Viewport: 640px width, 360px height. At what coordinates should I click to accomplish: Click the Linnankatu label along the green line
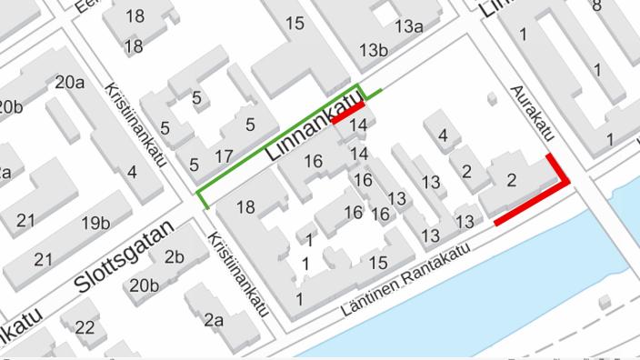(x=310, y=132)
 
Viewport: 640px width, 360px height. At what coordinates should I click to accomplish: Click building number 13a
(x=409, y=26)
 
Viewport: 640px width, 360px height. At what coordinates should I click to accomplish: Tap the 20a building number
(x=70, y=83)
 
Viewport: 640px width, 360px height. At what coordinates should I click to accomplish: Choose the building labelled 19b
(x=95, y=223)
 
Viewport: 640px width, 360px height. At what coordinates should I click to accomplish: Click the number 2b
(x=175, y=255)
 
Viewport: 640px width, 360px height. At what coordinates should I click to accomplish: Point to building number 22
(x=85, y=327)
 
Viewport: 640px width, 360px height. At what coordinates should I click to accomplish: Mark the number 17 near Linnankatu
(x=224, y=155)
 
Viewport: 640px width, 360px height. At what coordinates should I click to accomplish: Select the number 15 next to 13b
(x=295, y=24)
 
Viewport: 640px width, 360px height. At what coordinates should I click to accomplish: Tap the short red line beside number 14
(x=348, y=113)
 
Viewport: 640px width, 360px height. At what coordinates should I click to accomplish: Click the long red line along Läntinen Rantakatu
(x=531, y=202)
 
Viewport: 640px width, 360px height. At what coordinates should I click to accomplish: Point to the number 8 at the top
(x=596, y=5)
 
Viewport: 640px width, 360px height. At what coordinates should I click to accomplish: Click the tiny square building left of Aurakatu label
(x=491, y=96)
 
